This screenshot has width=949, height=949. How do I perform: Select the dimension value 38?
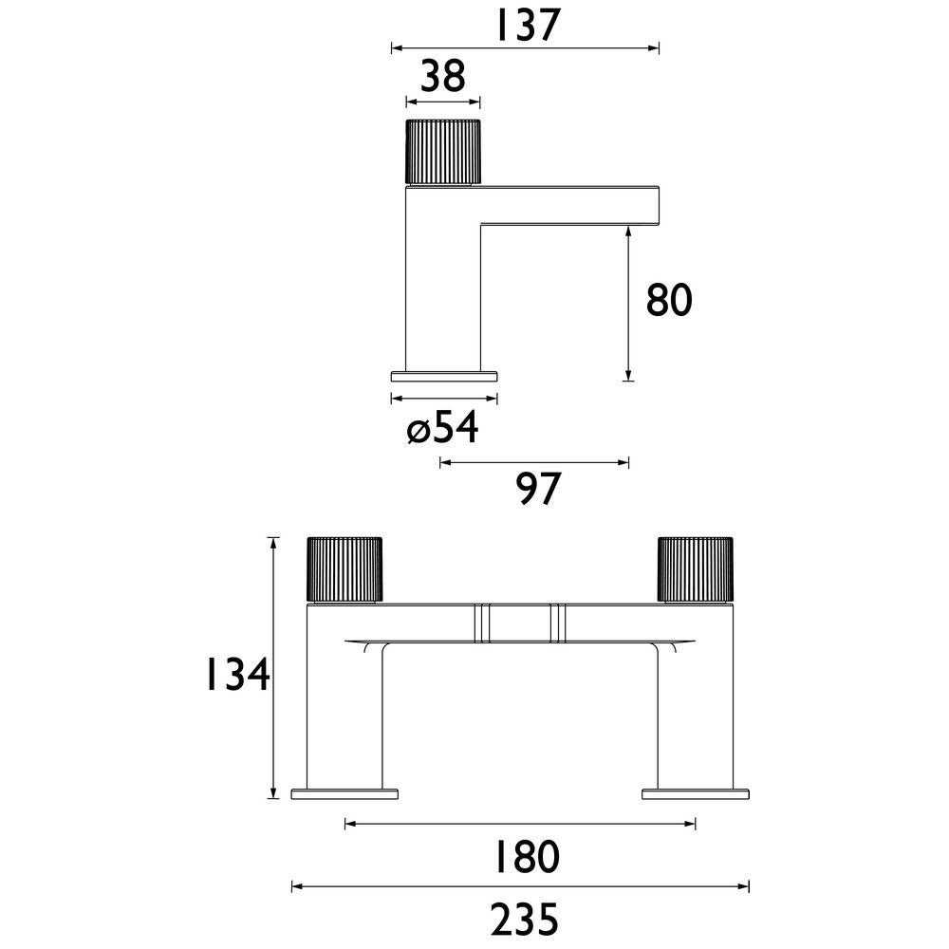point(442,77)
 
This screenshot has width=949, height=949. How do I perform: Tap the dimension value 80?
point(669,301)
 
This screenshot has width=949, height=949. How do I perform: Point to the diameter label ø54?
point(442,429)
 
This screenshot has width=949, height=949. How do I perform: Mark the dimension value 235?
point(522,919)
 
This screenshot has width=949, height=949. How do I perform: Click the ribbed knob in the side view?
point(442,151)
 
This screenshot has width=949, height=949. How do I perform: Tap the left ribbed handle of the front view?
point(344,569)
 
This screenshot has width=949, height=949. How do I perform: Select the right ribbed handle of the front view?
point(696,569)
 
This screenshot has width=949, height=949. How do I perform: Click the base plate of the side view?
point(445,375)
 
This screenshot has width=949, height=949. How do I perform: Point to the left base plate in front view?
point(344,793)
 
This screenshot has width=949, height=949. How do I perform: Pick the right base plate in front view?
point(696,793)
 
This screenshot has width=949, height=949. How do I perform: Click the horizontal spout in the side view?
point(569,204)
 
